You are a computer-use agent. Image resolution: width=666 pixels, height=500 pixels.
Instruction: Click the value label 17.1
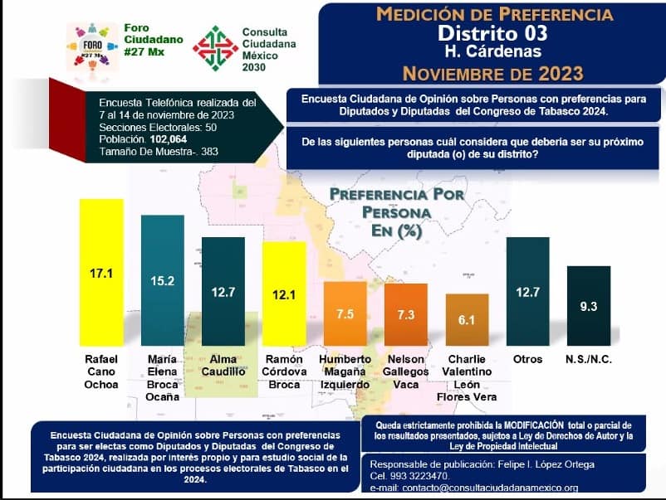[x=101, y=272]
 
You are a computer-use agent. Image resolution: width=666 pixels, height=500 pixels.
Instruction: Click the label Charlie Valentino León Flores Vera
[x=468, y=377]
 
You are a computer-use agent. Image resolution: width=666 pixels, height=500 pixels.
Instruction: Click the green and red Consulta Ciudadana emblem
[x=214, y=48]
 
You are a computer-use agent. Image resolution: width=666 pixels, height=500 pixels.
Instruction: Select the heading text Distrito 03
[x=493, y=33]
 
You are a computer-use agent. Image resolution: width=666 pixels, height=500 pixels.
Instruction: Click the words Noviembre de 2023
[x=494, y=73]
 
